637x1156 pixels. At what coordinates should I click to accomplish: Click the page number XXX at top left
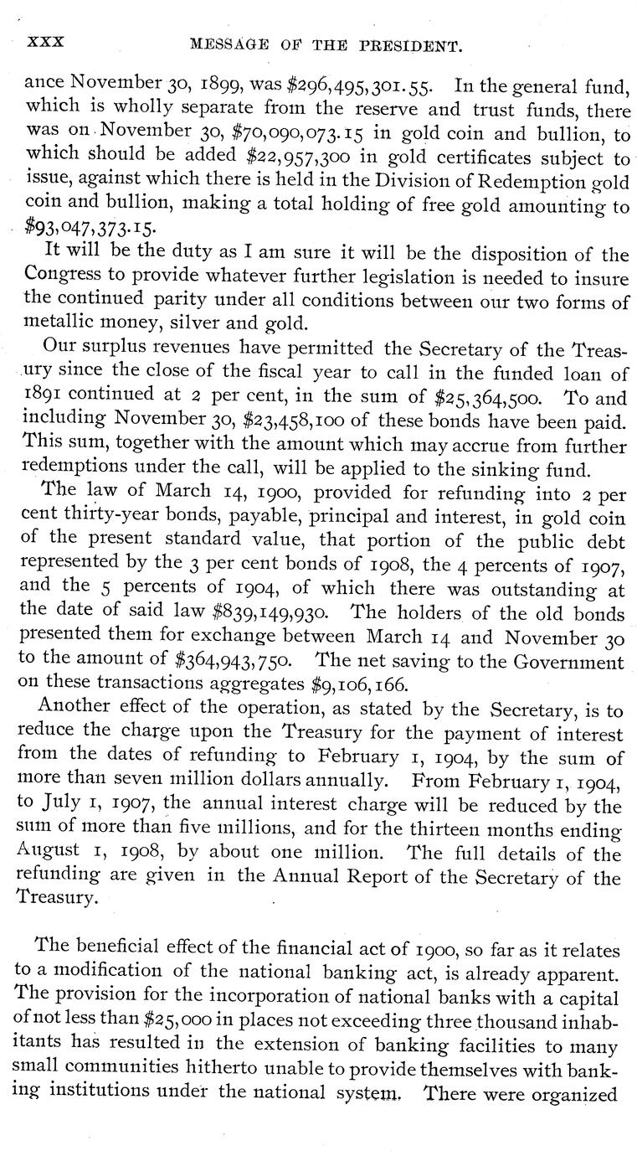pyautogui.click(x=47, y=40)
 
